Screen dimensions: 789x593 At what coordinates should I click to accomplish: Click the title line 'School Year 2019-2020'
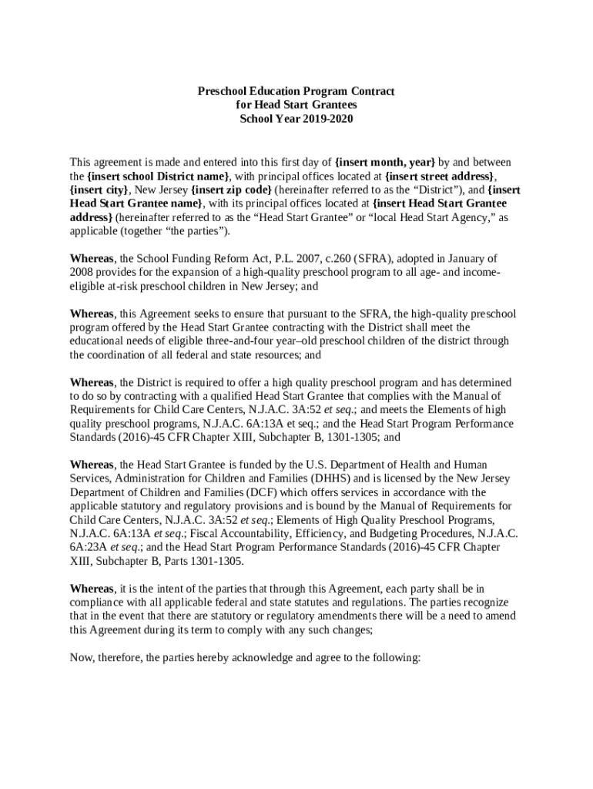[296, 119]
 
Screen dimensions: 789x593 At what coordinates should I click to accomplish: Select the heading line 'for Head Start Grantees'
[296, 106]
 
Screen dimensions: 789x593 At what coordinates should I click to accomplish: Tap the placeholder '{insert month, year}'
[385, 162]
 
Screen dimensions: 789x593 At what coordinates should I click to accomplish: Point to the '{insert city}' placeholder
[99, 190]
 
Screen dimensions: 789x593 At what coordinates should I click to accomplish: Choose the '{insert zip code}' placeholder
[231, 190]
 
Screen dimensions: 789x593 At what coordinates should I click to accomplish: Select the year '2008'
[82, 272]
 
